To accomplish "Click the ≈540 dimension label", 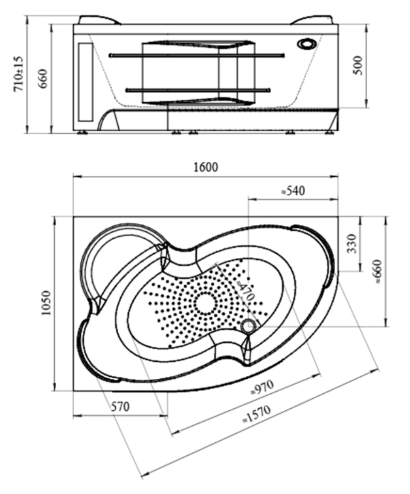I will click(x=293, y=190).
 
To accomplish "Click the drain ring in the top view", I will click(x=249, y=326).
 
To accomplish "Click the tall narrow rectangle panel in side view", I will click(x=85, y=80).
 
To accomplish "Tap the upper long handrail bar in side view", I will click(x=196, y=55).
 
